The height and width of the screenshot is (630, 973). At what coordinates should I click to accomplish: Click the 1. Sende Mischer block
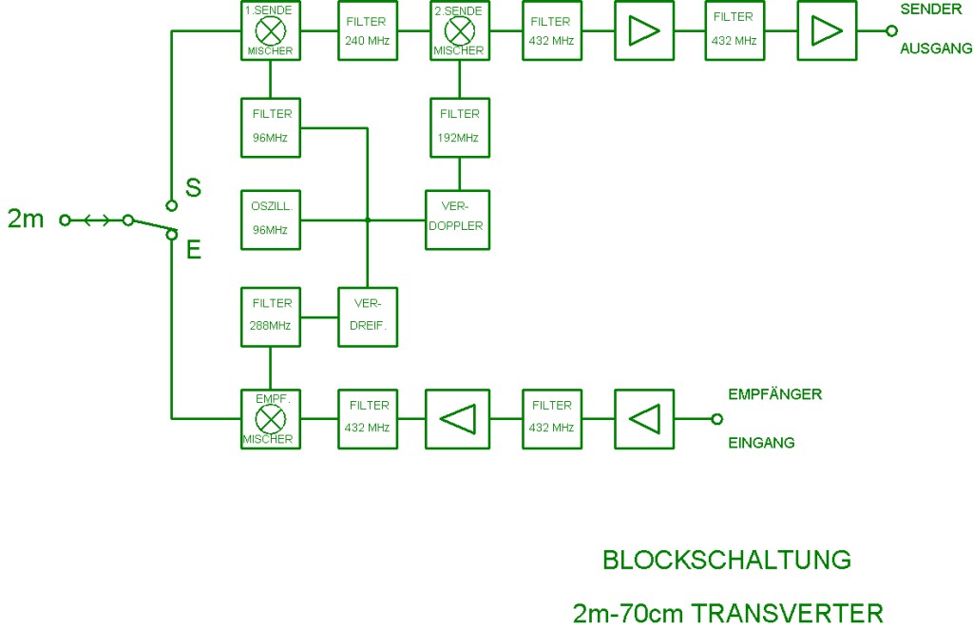pyautogui.click(x=271, y=30)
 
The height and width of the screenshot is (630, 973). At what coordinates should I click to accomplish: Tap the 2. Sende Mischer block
pyautogui.click(x=459, y=30)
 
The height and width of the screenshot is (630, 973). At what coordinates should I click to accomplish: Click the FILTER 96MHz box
pyautogui.click(x=271, y=126)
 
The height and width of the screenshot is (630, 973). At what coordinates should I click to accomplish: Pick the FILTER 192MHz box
pyautogui.click(x=459, y=126)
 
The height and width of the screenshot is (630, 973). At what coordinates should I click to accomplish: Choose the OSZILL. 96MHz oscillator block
pyautogui.click(x=271, y=220)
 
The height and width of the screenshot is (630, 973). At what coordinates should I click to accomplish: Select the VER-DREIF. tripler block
pyautogui.click(x=368, y=315)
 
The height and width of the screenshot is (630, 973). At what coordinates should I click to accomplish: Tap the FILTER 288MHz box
pyautogui.click(x=271, y=315)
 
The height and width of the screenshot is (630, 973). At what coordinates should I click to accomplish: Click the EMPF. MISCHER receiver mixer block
pyautogui.click(x=271, y=417)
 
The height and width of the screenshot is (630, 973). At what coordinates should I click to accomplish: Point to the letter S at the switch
pyautogui.click(x=193, y=187)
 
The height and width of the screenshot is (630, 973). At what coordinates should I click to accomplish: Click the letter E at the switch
pyautogui.click(x=193, y=250)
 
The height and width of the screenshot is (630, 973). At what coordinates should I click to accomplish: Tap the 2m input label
pyautogui.click(x=26, y=220)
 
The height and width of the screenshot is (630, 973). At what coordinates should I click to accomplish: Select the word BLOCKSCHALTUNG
pyautogui.click(x=727, y=561)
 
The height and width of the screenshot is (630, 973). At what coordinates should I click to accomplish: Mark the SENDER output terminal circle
pyautogui.click(x=891, y=30)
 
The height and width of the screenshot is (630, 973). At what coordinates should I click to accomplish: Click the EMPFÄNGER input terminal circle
pyautogui.click(x=717, y=418)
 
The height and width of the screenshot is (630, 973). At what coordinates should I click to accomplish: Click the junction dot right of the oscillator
pyautogui.click(x=368, y=220)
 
